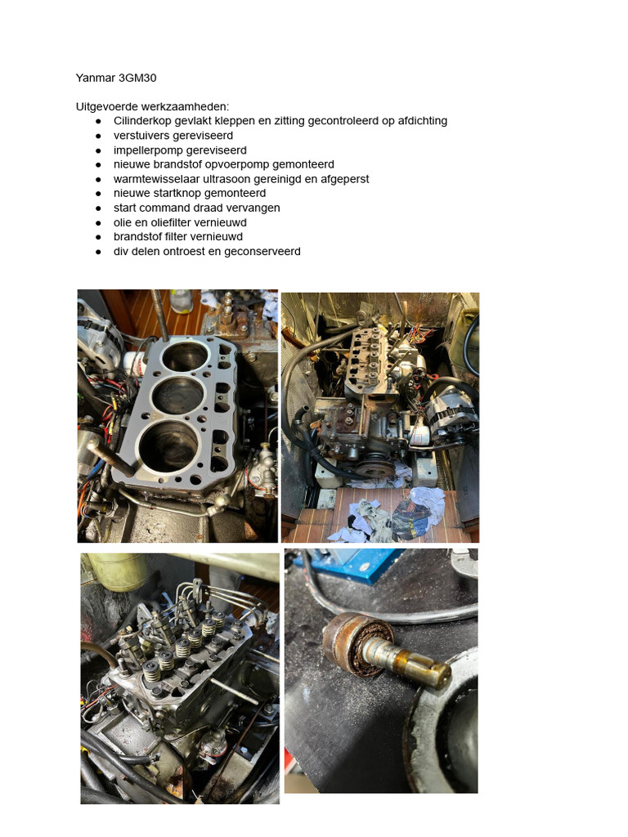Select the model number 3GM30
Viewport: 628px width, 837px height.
pos(137,78)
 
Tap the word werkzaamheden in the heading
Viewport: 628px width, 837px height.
pos(185,107)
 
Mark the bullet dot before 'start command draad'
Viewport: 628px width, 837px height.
pos(98,208)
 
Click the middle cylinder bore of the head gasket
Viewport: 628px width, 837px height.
pos(177,395)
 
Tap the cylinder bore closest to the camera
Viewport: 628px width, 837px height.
pos(168,445)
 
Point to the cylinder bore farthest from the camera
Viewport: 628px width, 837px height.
pos(185,356)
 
